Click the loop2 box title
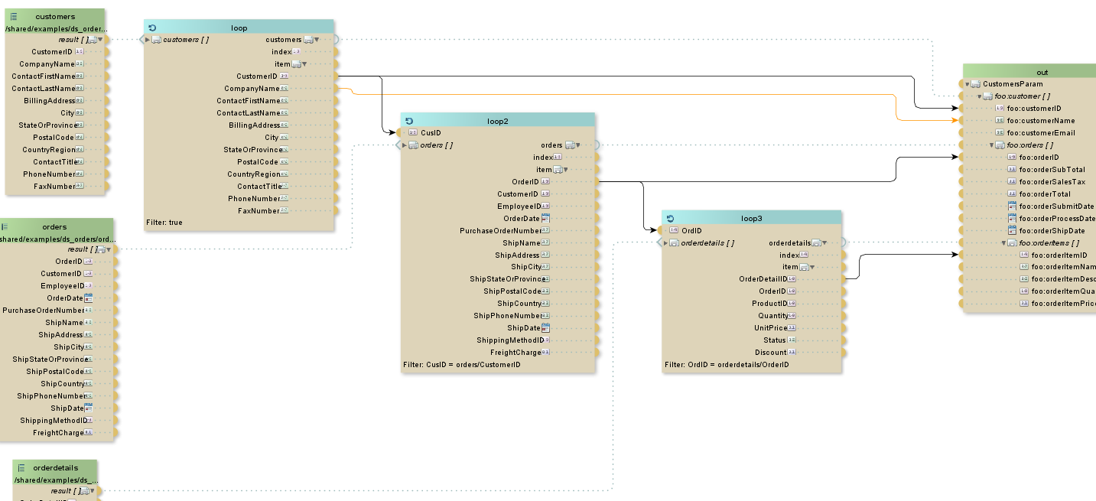[497, 121]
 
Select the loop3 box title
[751, 218]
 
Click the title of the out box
[1042, 72]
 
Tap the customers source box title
[55, 16]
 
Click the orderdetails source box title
[55, 467]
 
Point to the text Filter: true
[164, 223]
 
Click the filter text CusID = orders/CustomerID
[461, 365]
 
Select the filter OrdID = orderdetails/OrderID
[727, 365]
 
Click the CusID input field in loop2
[431, 133]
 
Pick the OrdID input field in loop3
[691, 230]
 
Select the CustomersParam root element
[1012, 84]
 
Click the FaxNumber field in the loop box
[259, 211]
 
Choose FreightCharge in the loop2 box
[515, 353]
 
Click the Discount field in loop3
[770, 353]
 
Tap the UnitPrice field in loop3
[771, 328]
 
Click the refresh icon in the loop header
[152, 28]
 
